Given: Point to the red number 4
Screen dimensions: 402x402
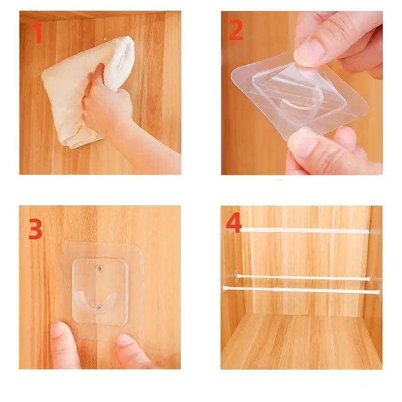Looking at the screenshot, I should tap(234, 223).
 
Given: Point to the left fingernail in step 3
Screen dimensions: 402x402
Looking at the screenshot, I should tap(57, 330).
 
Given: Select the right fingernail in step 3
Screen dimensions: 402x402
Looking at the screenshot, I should tap(124, 340).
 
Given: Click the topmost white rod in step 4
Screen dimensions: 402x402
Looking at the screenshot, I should tap(301, 231).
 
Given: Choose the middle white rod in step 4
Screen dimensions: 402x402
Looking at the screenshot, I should tap(301, 277).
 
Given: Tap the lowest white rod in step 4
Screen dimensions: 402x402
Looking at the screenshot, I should tap(301, 289).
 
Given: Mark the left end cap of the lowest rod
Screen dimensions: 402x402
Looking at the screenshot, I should tap(225, 288).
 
